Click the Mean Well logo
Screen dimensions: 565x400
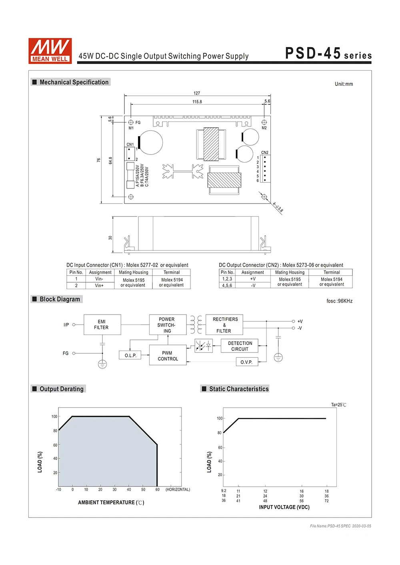click(50, 51)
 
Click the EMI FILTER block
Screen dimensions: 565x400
click(102, 324)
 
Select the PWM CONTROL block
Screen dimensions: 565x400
click(168, 355)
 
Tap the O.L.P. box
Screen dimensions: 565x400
click(130, 355)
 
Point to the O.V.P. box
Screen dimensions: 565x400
click(246, 362)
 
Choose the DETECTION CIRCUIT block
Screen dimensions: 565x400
click(240, 346)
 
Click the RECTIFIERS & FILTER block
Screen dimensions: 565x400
click(224, 325)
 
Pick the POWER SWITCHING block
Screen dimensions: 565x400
click(167, 325)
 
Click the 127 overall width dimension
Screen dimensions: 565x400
click(197, 93)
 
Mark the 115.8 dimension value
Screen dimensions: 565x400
click(197, 102)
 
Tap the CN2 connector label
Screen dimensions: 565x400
click(265, 153)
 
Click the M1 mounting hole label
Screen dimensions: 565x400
click(131, 128)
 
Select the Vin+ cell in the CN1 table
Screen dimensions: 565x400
click(99, 285)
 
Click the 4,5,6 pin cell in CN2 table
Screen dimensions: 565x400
click(227, 285)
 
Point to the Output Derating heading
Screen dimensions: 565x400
click(62, 389)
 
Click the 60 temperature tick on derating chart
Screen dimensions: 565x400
click(158, 490)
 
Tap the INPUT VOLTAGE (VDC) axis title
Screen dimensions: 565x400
click(284, 507)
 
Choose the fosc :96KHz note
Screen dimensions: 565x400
click(339, 301)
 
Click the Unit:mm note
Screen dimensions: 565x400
click(344, 84)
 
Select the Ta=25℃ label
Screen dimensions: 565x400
click(338, 404)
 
